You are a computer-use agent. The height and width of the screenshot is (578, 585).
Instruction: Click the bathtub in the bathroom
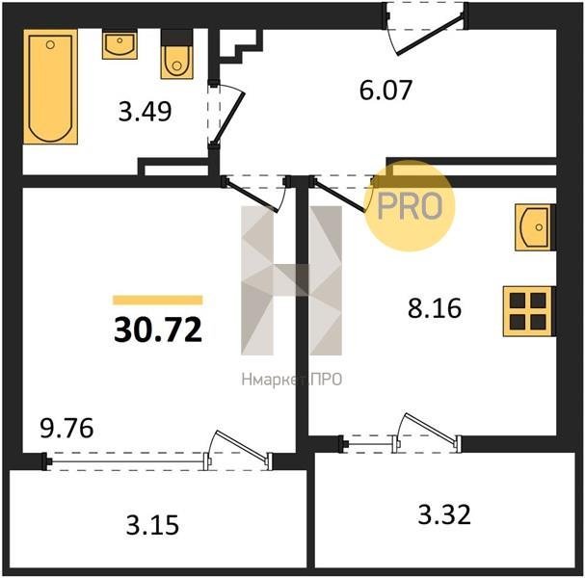[x=51, y=87]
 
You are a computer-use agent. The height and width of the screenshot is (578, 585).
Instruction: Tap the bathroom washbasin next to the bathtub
[x=120, y=45]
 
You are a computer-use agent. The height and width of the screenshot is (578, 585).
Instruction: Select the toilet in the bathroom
[x=176, y=54]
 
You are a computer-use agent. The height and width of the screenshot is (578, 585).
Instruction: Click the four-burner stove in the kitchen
[x=528, y=311]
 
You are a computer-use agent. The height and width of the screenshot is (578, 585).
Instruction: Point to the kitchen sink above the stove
[x=534, y=227]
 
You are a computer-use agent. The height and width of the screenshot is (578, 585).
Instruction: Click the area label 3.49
[x=145, y=112]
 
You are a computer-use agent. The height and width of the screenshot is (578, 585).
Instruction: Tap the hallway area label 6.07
[x=386, y=90]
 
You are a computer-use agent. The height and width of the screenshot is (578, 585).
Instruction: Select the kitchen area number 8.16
[x=435, y=308]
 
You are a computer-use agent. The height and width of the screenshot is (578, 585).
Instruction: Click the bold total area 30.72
[x=158, y=329]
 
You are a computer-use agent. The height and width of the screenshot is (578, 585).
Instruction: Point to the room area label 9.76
[x=66, y=428]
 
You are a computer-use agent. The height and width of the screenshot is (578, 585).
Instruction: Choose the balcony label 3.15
[x=152, y=525]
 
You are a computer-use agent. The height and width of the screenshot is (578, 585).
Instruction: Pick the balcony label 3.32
[x=444, y=514]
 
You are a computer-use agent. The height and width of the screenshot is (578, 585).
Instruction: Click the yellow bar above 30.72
[x=158, y=301]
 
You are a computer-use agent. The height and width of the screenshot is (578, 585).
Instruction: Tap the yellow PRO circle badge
[x=410, y=206]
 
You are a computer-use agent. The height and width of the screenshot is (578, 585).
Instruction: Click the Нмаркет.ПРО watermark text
[x=292, y=380]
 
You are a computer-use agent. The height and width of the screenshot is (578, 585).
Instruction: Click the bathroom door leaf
[x=229, y=118]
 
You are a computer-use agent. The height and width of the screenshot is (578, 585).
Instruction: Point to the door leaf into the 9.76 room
[x=252, y=197]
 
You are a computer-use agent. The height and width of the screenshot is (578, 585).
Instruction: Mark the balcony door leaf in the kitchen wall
[x=430, y=428]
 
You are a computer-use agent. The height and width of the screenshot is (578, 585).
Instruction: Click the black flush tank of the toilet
[x=176, y=38]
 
